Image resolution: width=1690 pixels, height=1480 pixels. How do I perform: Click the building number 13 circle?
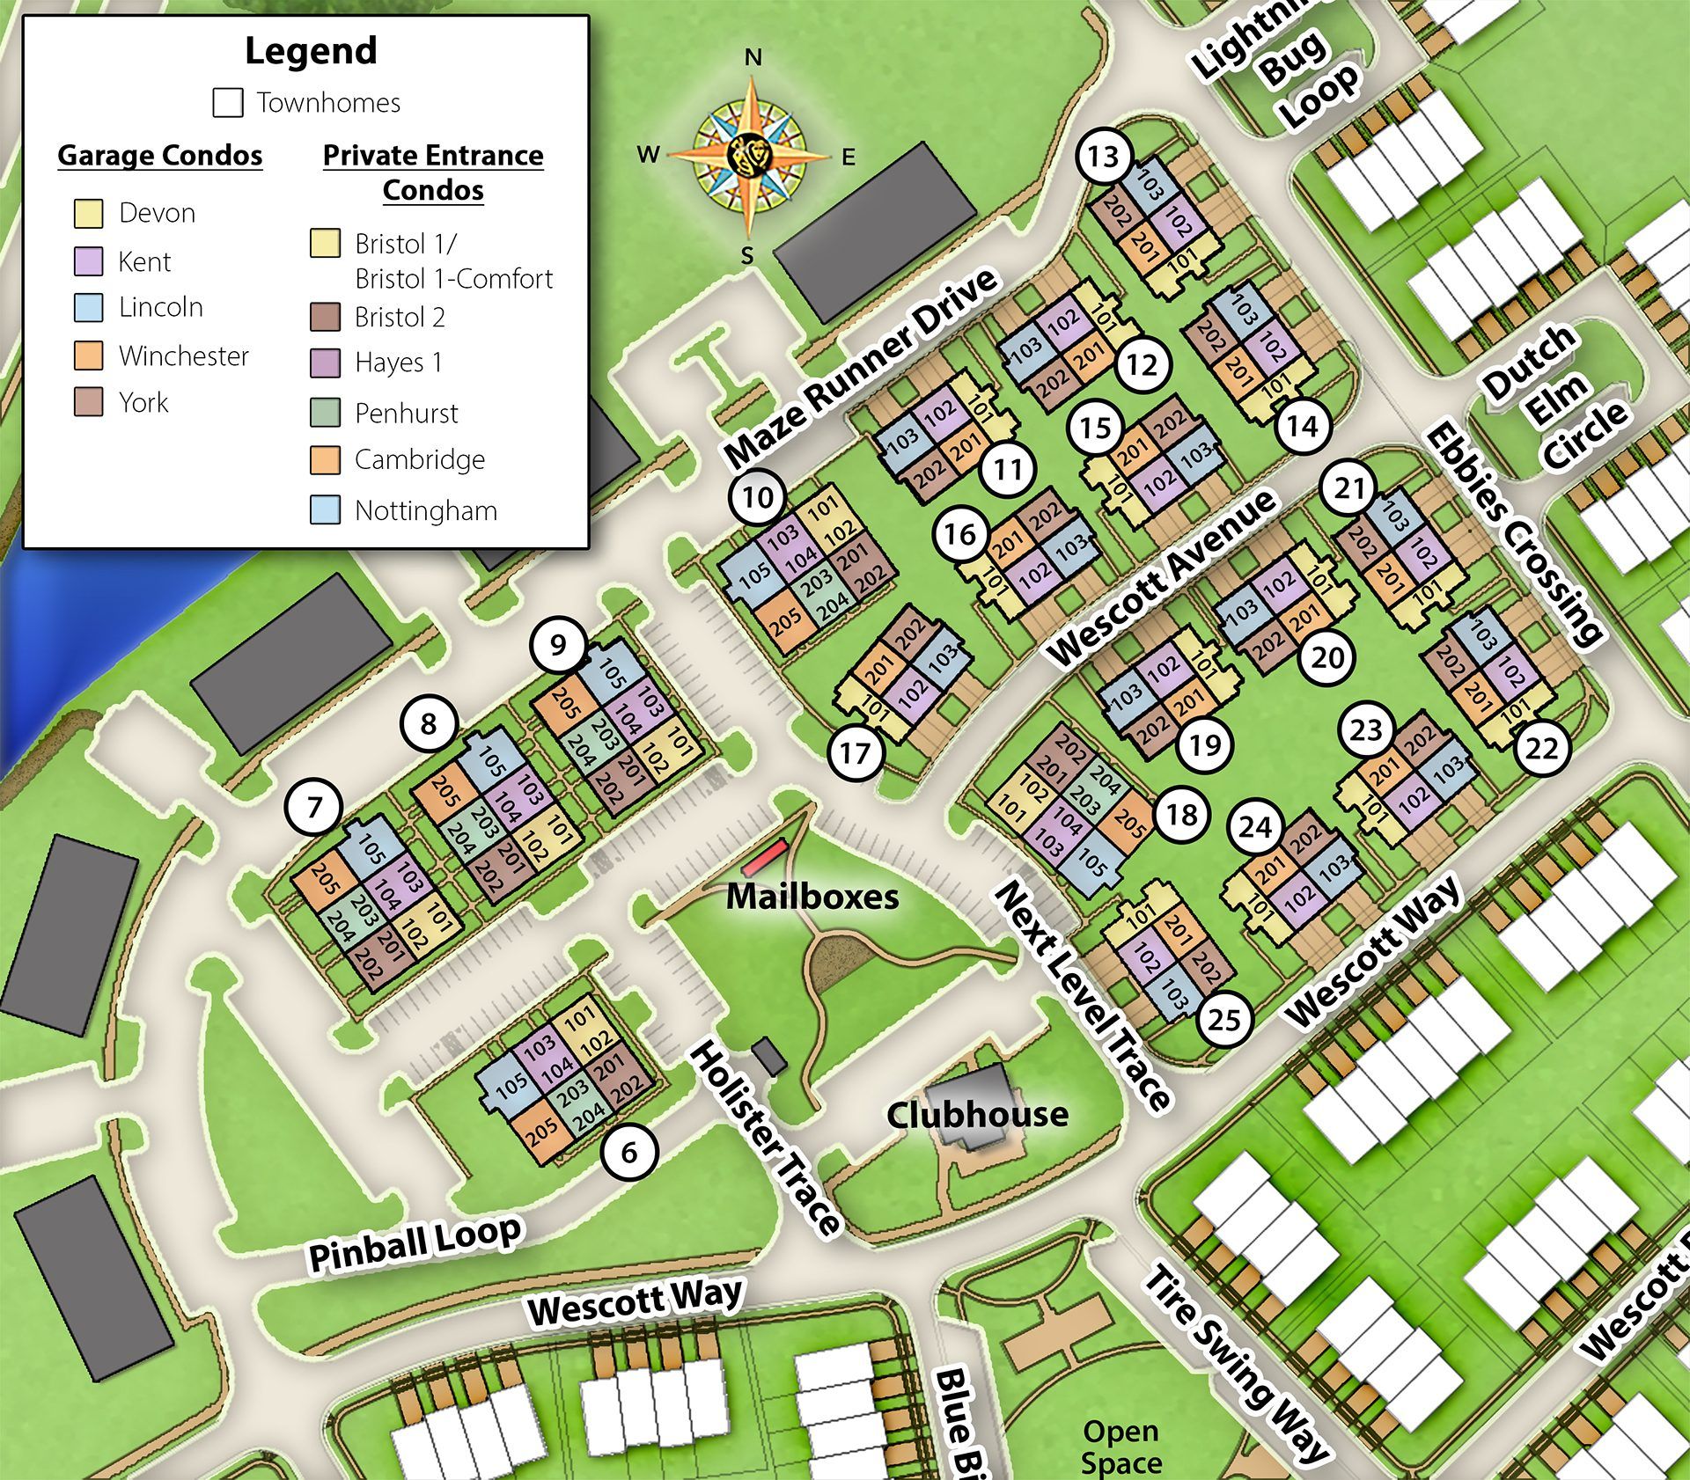[x=1103, y=157]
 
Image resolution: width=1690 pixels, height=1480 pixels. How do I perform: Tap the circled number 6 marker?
[x=629, y=1152]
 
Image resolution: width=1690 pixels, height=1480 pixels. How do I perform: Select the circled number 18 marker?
[x=1180, y=815]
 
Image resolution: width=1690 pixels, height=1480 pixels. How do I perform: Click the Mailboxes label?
[x=812, y=897]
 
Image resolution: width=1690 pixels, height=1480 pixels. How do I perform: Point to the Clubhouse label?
[x=977, y=1115]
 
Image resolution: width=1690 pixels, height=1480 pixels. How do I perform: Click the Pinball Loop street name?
[x=415, y=1242]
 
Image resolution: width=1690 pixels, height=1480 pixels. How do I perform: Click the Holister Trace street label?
[x=765, y=1139]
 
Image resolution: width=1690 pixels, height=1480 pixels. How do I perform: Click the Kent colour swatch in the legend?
[x=89, y=261]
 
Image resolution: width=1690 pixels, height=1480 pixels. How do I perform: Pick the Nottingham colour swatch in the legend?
[x=325, y=510]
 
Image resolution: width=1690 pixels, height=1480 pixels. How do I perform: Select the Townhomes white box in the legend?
[x=228, y=103]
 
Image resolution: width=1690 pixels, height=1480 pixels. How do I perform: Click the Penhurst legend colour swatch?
[x=325, y=413]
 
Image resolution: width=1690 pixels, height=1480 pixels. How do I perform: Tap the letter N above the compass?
[x=753, y=58]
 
